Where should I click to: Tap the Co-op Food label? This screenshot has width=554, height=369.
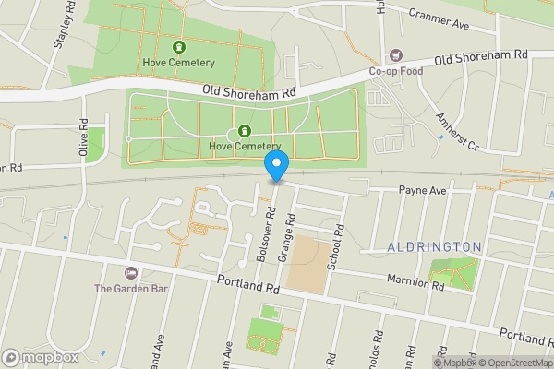tap(396, 70)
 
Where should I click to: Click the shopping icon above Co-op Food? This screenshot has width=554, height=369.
tap(396, 55)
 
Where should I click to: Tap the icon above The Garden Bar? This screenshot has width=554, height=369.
tap(130, 273)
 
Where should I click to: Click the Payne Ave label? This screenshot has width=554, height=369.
tap(422, 190)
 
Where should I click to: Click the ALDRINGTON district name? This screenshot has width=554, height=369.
tap(434, 247)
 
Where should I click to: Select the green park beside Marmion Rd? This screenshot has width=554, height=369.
tap(452, 274)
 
